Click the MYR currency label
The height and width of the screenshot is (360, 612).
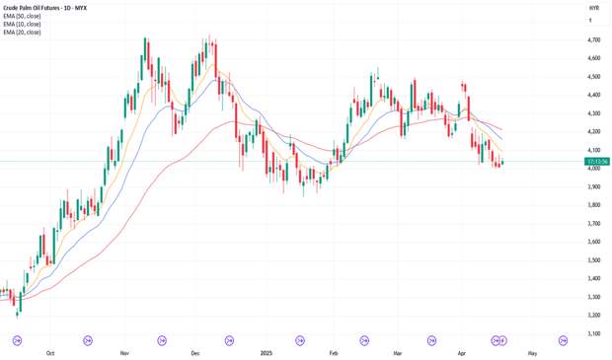click(593, 8)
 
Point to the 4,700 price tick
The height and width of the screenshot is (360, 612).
click(594, 39)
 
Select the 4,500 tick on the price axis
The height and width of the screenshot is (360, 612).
click(594, 76)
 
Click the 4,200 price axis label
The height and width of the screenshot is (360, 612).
click(594, 131)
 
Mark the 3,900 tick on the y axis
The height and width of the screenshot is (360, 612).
click(594, 186)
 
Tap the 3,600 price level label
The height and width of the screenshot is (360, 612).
click(594, 242)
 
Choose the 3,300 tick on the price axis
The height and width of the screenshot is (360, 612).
click(594, 297)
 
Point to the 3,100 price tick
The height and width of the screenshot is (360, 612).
click(594, 333)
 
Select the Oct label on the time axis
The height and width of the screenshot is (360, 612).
click(50, 351)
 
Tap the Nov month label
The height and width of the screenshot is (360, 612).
click(125, 351)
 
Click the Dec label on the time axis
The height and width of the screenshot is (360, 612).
click(194, 351)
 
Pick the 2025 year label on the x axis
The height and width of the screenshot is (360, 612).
click(266, 351)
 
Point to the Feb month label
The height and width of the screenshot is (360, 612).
click(334, 351)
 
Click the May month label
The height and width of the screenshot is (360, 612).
click(532, 351)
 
